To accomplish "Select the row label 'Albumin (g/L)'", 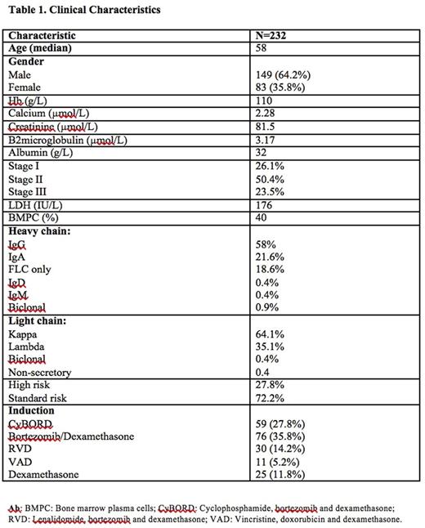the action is tap(40, 152).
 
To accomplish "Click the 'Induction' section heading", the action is tap(32, 410).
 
